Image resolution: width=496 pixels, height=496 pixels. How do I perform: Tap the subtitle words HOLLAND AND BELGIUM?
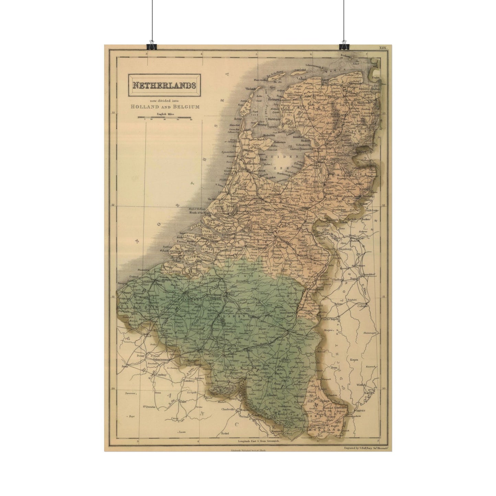click(165, 107)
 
